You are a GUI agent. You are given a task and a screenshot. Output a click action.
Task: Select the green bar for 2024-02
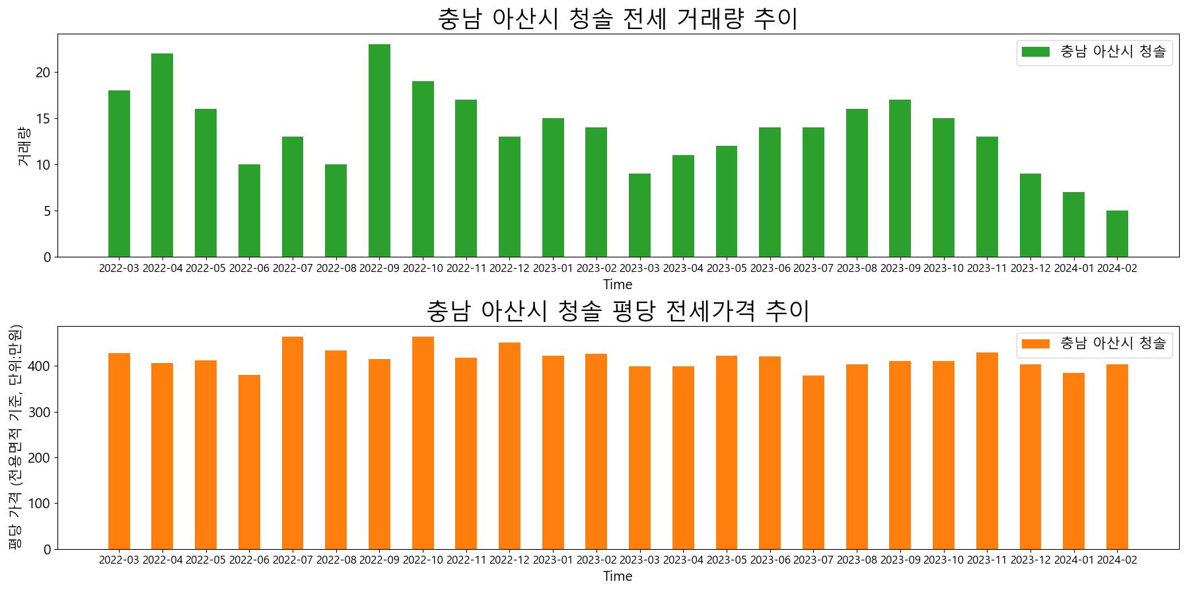tap(1117, 234)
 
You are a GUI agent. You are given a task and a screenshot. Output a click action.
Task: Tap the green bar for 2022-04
tap(162, 155)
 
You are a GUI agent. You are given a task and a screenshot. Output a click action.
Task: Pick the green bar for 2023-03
tap(639, 215)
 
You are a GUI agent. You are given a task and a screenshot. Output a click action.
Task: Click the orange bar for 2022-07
tap(293, 442)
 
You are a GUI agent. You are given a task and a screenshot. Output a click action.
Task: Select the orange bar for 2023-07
tap(813, 462)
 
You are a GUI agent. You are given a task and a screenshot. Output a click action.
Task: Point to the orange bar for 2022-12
tap(509, 445)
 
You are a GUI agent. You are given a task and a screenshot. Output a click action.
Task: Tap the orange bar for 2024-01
tap(1073, 461)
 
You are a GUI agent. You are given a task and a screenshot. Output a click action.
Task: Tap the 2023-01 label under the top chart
tap(553, 268)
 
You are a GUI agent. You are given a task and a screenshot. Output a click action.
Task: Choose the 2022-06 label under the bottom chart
tap(249, 560)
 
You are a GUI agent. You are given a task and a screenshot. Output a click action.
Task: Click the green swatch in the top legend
tap(1035, 51)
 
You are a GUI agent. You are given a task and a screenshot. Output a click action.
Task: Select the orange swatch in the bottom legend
tap(1035, 343)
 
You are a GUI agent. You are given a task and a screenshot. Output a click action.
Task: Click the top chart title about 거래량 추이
tap(618, 18)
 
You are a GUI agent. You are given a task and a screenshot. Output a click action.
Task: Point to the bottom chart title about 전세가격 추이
tap(618, 310)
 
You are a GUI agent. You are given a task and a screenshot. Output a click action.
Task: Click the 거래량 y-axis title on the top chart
tap(22, 146)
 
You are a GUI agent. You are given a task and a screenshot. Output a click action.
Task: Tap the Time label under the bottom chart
tap(618, 576)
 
